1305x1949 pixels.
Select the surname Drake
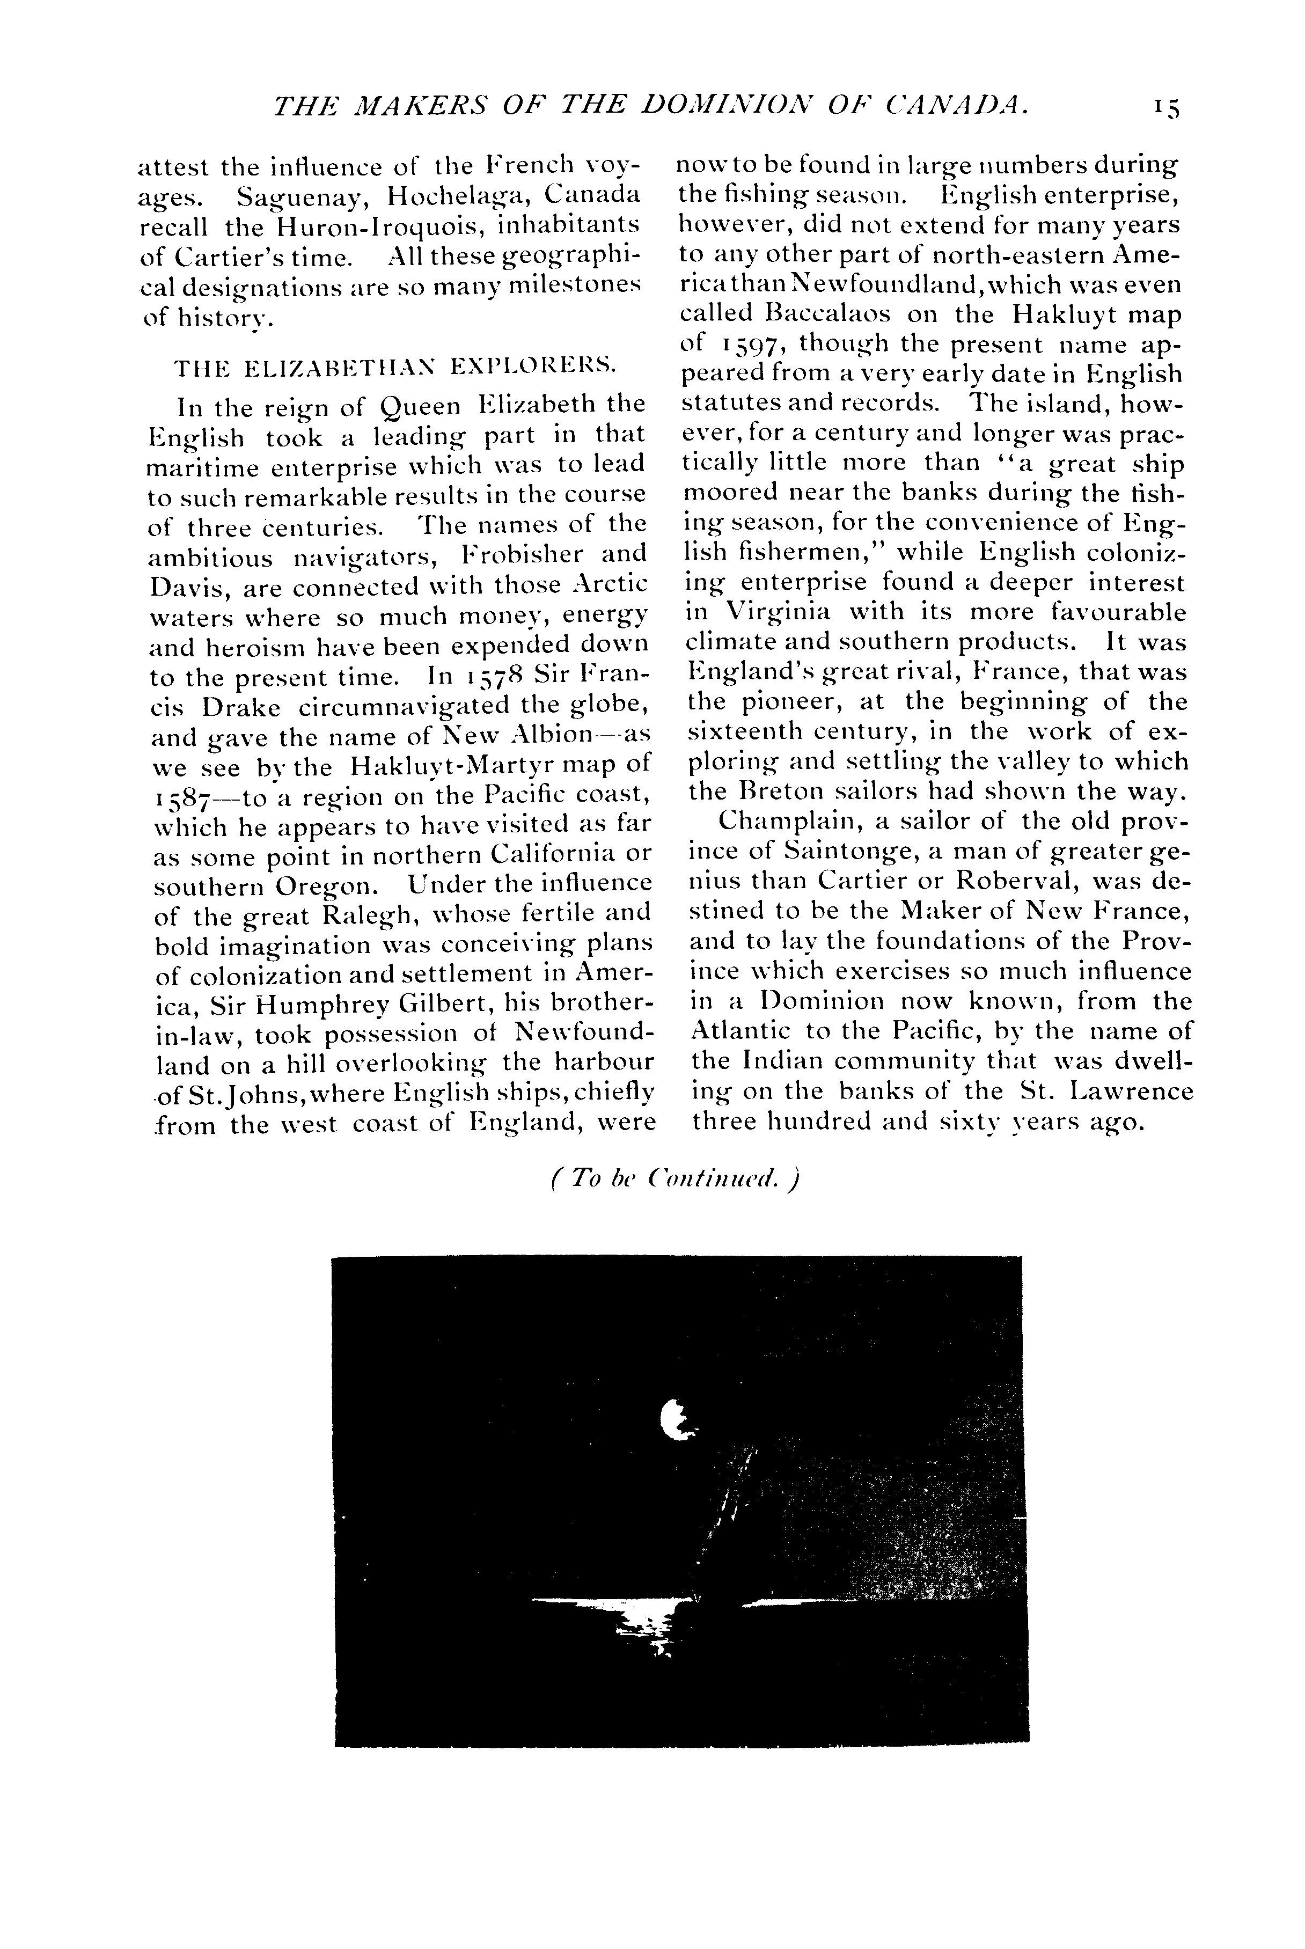240,706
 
